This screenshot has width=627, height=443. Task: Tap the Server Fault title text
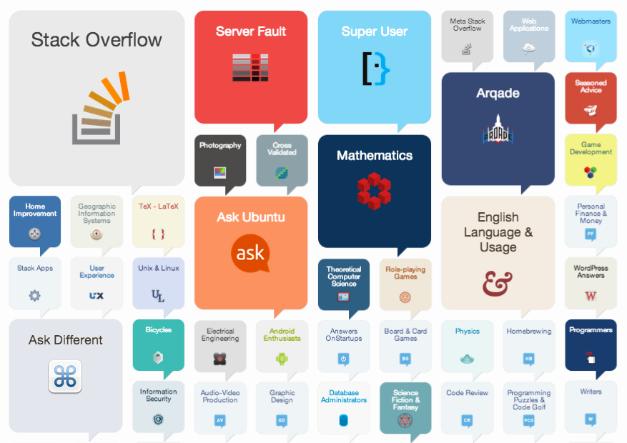(251, 31)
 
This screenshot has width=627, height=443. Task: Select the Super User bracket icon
(375, 69)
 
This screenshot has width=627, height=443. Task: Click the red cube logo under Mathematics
(374, 191)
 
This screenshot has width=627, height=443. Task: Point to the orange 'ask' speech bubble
(250, 253)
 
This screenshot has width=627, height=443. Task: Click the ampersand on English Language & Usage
(498, 283)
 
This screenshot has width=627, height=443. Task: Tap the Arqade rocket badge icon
(498, 129)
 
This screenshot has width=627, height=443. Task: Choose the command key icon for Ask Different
(65, 376)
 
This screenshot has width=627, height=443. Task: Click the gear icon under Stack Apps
(34, 295)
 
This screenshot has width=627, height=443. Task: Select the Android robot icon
(281, 358)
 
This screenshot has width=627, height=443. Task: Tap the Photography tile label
(220, 146)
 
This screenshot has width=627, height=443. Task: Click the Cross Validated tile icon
(281, 172)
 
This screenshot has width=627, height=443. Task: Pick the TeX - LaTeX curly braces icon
(158, 234)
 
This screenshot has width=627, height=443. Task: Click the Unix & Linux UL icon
(158, 294)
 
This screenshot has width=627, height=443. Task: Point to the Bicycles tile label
(158, 331)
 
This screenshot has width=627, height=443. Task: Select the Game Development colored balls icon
(590, 171)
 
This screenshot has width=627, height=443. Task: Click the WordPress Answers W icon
(590, 295)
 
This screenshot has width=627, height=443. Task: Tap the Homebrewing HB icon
(528, 358)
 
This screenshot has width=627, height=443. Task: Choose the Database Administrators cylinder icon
(343, 420)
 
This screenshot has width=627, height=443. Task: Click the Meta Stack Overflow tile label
(467, 25)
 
